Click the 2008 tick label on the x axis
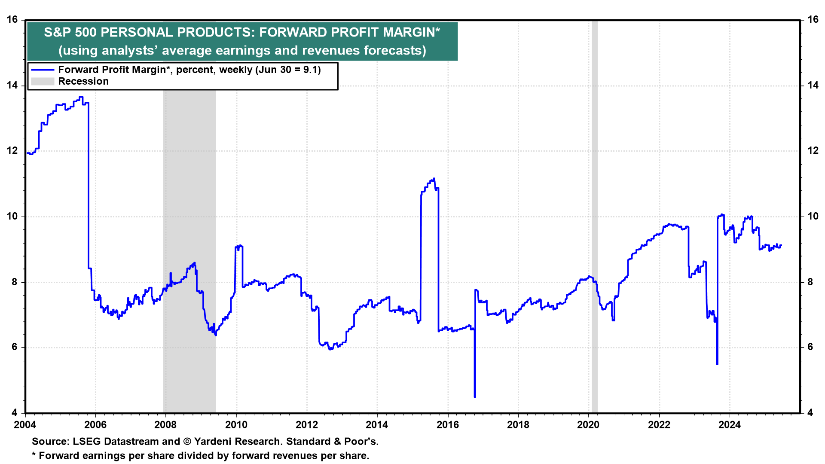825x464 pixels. (165, 425)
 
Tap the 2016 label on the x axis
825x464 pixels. (448, 425)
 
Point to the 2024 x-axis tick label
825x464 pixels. (730, 425)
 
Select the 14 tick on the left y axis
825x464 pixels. (12, 85)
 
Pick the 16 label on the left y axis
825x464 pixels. (12, 20)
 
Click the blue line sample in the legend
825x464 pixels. (43, 70)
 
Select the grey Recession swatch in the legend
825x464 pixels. (43, 81)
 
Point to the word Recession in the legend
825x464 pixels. (83, 81)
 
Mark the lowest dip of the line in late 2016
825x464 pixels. (475, 396)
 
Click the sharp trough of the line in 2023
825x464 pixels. (717, 363)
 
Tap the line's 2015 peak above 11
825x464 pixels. (434, 179)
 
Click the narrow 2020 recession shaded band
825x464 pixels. (595, 215)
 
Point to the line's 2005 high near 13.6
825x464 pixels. (81, 98)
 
